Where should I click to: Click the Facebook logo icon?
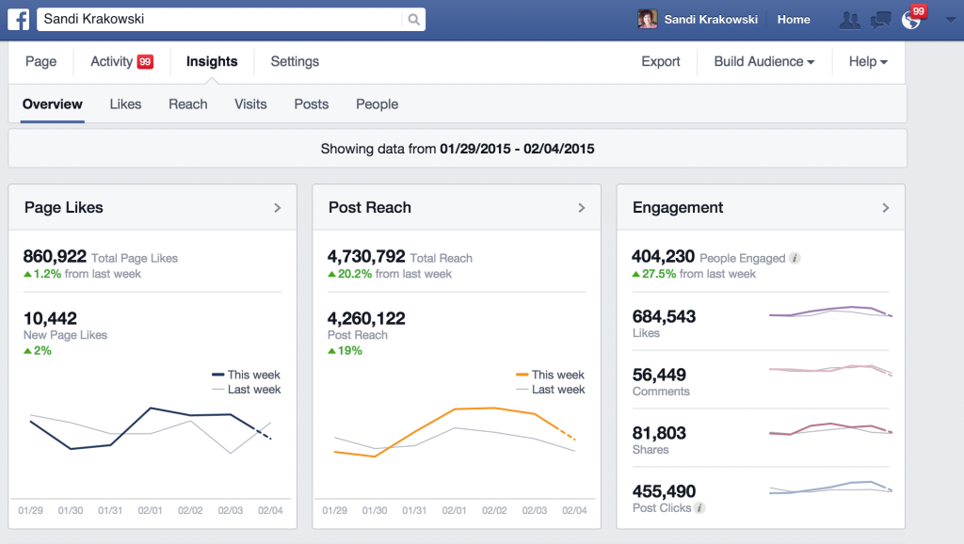pyautogui.click(x=19, y=19)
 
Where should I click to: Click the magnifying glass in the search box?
pyautogui.click(x=413, y=19)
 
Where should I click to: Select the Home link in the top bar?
pyautogui.click(x=794, y=19)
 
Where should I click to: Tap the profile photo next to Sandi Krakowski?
pyautogui.click(x=647, y=19)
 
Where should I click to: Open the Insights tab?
pyautogui.click(x=212, y=62)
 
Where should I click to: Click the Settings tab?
pyautogui.click(x=295, y=62)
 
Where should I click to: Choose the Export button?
pyautogui.click(x=661, y=62)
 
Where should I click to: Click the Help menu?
pyautogui.click(x=868, y=62)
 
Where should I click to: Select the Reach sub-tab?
pyautogui.click(x=188, y=104)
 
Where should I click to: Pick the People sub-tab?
pyautogui.click(x=377, y=104)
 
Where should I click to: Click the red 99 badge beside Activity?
pyautogui.click(x=145, y=62)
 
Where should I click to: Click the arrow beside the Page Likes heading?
pyautogui.click(x=278, y=208)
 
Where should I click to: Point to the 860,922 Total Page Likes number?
pyautogui.click(x=55, y=256)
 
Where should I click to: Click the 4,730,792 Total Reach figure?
pyautogui.click(x=366, y=256)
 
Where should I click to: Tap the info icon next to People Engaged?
pyautogui.click(x=795, y=258)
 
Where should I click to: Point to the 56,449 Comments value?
pyautogui.click(x=659, y=375)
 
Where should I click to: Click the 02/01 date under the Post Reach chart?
pyautogui.click(x=455, y=510)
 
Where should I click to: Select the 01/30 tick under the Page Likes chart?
pyautogui.click(x=71, y=510)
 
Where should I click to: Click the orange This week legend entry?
pyautogui.click(x=551, y=375)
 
